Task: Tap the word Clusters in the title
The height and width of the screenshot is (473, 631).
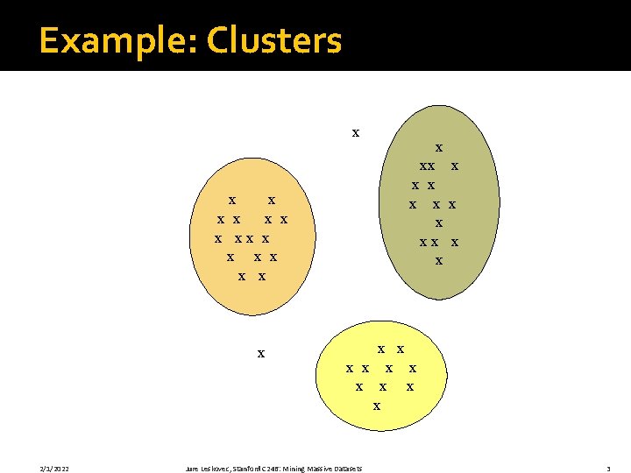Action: pos(274,40)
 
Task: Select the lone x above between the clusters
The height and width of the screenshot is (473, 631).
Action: pos(355,133)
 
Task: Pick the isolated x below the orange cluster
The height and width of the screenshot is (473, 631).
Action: pos(260,354)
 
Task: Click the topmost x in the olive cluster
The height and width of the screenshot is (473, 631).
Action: pos(438,148)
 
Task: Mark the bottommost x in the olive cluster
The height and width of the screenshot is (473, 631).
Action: pos(438,260)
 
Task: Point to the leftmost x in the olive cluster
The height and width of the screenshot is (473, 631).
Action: pos(412,205)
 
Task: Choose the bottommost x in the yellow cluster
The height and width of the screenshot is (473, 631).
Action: pos(376,406)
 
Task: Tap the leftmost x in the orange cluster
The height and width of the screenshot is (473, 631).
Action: pos(217,238)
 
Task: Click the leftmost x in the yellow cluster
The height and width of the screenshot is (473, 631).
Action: pos(349,369)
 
